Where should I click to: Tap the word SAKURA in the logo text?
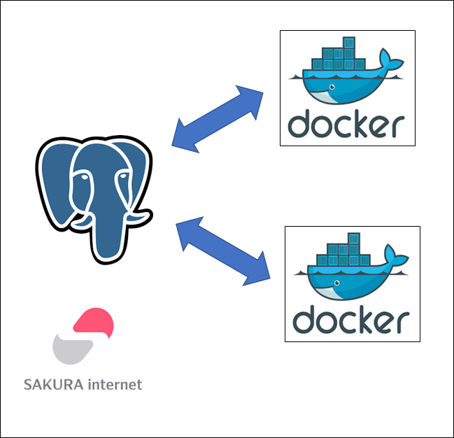coord(54,384)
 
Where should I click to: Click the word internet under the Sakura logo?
coord(115,384)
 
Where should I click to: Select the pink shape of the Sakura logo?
coord(94,322)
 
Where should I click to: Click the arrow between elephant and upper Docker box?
coord(217,119)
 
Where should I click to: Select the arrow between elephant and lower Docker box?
coord(223,251)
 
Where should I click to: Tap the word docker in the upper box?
coord(346,124)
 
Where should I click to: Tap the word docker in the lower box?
coord(351,320)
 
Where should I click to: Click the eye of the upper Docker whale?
coord(332,87)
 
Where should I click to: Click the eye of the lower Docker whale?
coord(337,283)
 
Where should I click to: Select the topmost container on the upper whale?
coord(349,43)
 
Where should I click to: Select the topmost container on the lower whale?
coord(354,239)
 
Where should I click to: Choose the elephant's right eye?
coord(123,176)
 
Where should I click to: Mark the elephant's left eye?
coord(84,176)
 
